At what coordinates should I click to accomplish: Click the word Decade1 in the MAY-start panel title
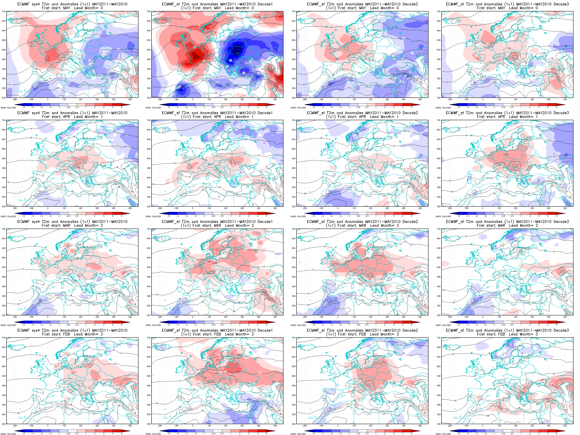(265, 4)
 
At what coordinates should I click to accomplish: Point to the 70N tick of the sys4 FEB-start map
(4, 338)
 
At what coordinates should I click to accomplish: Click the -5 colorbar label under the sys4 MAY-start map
(24, 107)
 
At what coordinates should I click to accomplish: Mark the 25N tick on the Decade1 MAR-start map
(149, 315)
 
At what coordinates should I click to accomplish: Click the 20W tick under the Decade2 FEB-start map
(305, 426)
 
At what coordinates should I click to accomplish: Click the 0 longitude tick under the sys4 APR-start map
(48, 208)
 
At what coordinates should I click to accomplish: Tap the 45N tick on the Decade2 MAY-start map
(294, 59)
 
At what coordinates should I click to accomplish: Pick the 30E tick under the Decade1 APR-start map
(242, 208)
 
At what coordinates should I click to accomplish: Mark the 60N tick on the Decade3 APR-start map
(439, 140)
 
